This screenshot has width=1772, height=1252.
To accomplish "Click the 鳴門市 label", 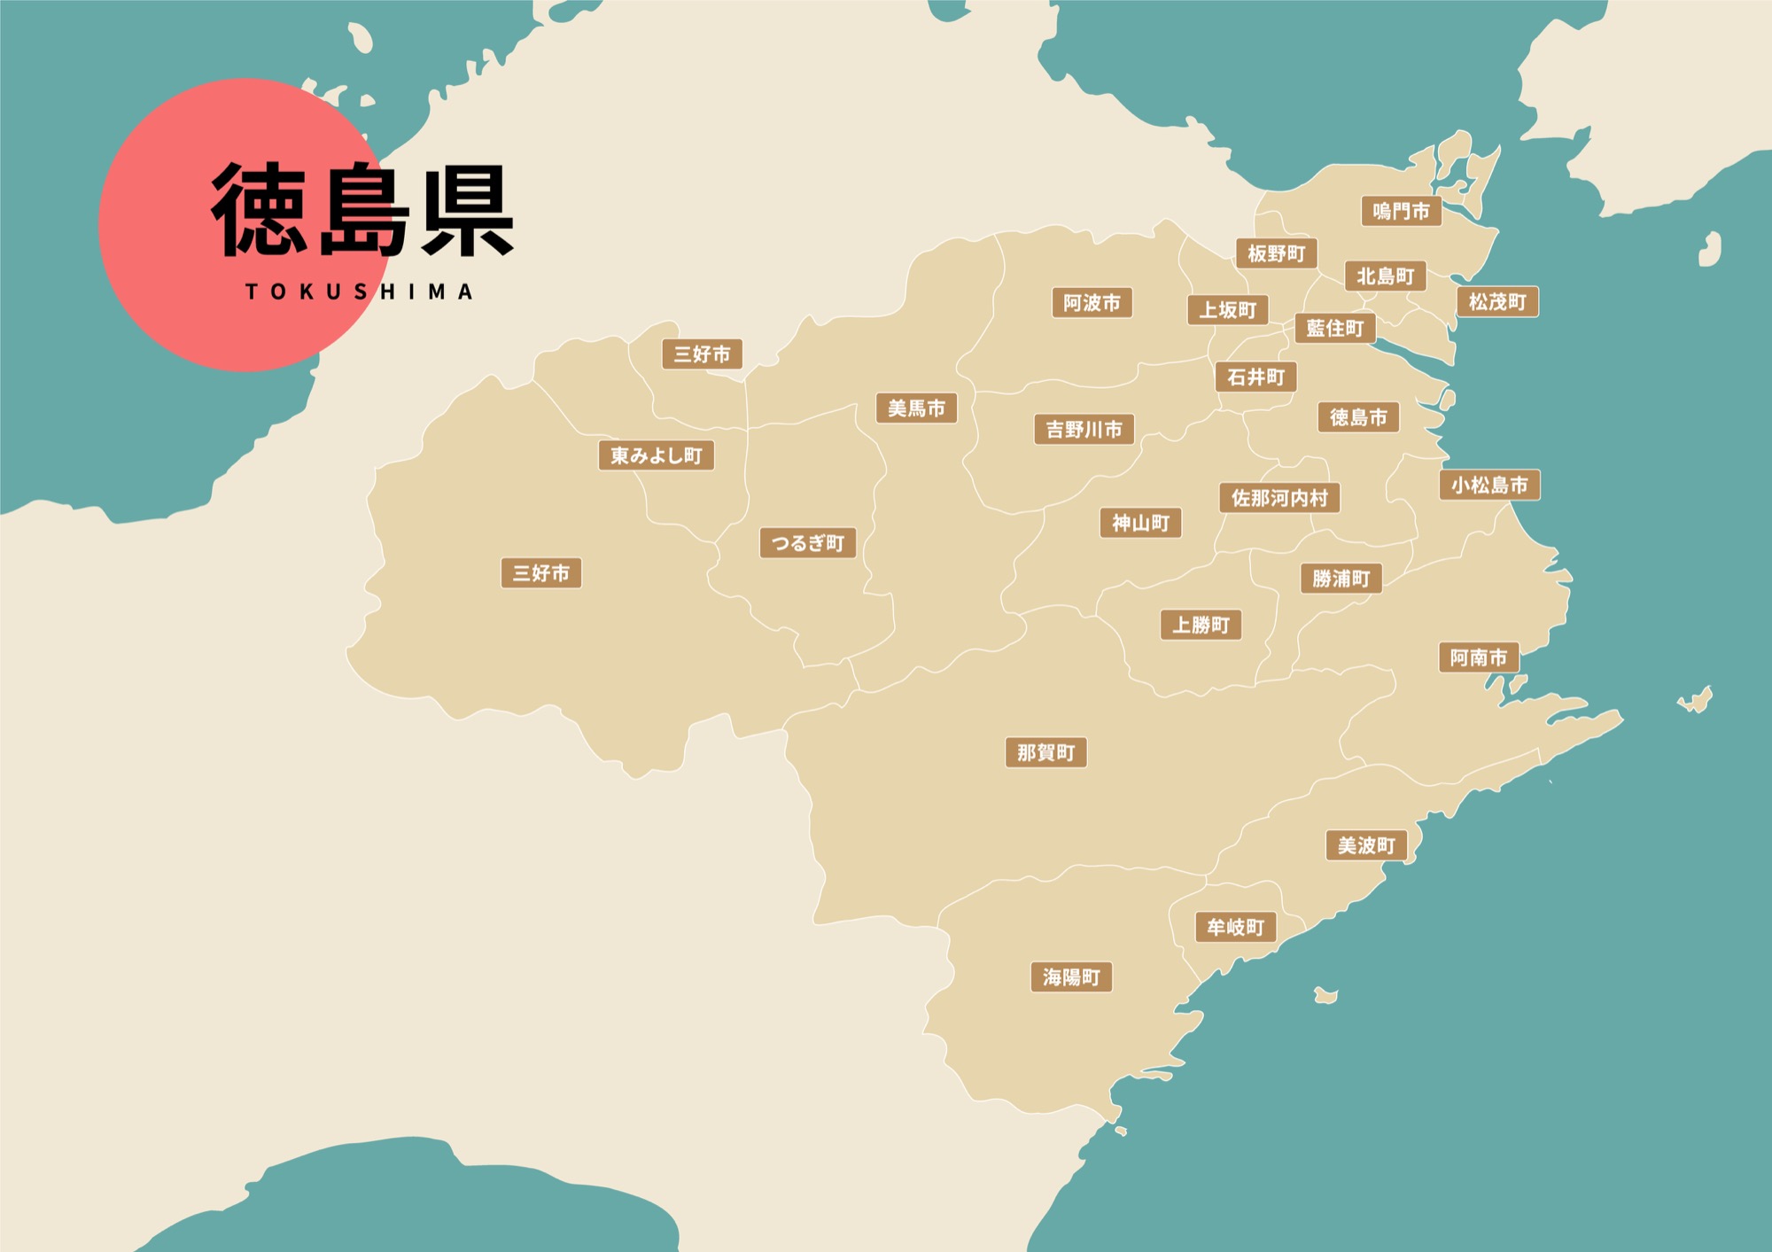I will tap(1401, 212).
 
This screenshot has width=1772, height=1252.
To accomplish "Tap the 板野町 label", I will tap(1276, 254).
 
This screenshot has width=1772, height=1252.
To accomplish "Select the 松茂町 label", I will tap(1497, 302).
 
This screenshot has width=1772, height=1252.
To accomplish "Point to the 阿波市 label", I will tap(1092, 303).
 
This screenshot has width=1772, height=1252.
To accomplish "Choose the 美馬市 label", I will tap(916, 408).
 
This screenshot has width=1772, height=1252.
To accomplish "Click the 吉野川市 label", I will tap(1084, 430).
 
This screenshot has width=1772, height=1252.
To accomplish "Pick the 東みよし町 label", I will tap(656, 456).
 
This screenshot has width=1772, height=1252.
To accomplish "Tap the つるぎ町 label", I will tap(807, 543).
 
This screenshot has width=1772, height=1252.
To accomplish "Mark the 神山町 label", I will tap(1140, 524).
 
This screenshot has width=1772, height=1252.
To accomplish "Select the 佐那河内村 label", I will tap(1279, 498).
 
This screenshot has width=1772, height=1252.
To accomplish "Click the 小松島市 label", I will tap(1489, 486).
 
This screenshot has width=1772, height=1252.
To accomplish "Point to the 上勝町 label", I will tap(1201, 626).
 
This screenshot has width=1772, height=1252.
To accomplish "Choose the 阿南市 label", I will tap(1478, 657).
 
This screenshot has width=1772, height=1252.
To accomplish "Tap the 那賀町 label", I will tap(1045, 753).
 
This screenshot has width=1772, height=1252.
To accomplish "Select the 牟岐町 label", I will tap(1235, 928).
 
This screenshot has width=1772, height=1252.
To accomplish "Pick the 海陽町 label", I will tap(1071, 977).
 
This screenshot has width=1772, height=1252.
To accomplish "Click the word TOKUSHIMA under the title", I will tap(359, 292).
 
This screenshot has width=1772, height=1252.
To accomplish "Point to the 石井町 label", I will tap(1255, 377).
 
